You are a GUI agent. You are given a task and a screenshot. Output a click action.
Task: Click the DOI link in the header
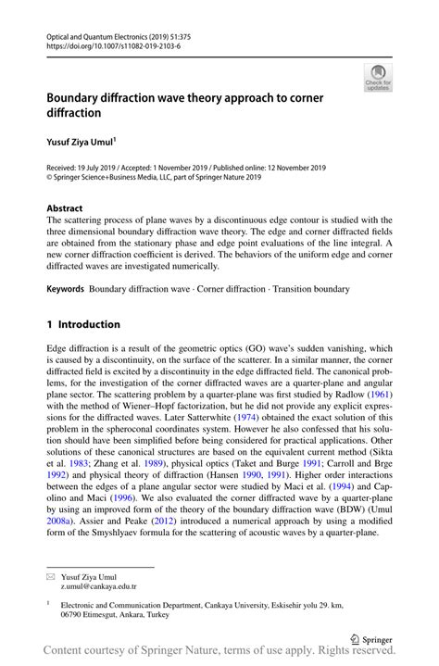coord(113,45)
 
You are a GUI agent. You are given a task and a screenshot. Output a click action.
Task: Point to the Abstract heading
coord(65,208)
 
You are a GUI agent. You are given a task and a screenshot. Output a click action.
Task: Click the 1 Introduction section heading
coord(83,325)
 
